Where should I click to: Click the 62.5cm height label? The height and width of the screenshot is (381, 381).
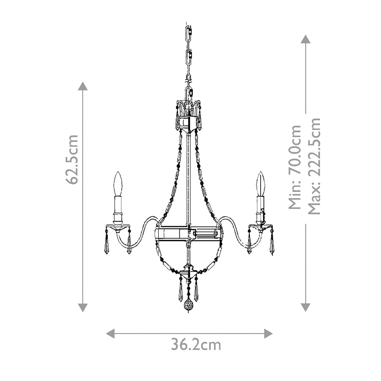[72, 159]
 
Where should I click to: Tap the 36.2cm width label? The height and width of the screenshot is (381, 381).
[196, 345]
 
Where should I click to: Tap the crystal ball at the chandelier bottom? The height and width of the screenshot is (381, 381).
[189, 307]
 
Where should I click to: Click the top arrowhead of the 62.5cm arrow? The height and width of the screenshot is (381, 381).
[83, 86]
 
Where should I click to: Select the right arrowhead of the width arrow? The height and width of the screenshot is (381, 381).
[269, 333]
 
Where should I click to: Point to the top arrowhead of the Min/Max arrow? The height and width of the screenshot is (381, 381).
[305, 39]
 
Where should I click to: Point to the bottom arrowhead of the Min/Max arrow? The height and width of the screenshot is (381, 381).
[305, 307]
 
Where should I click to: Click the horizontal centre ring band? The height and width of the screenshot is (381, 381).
[189, 234]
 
